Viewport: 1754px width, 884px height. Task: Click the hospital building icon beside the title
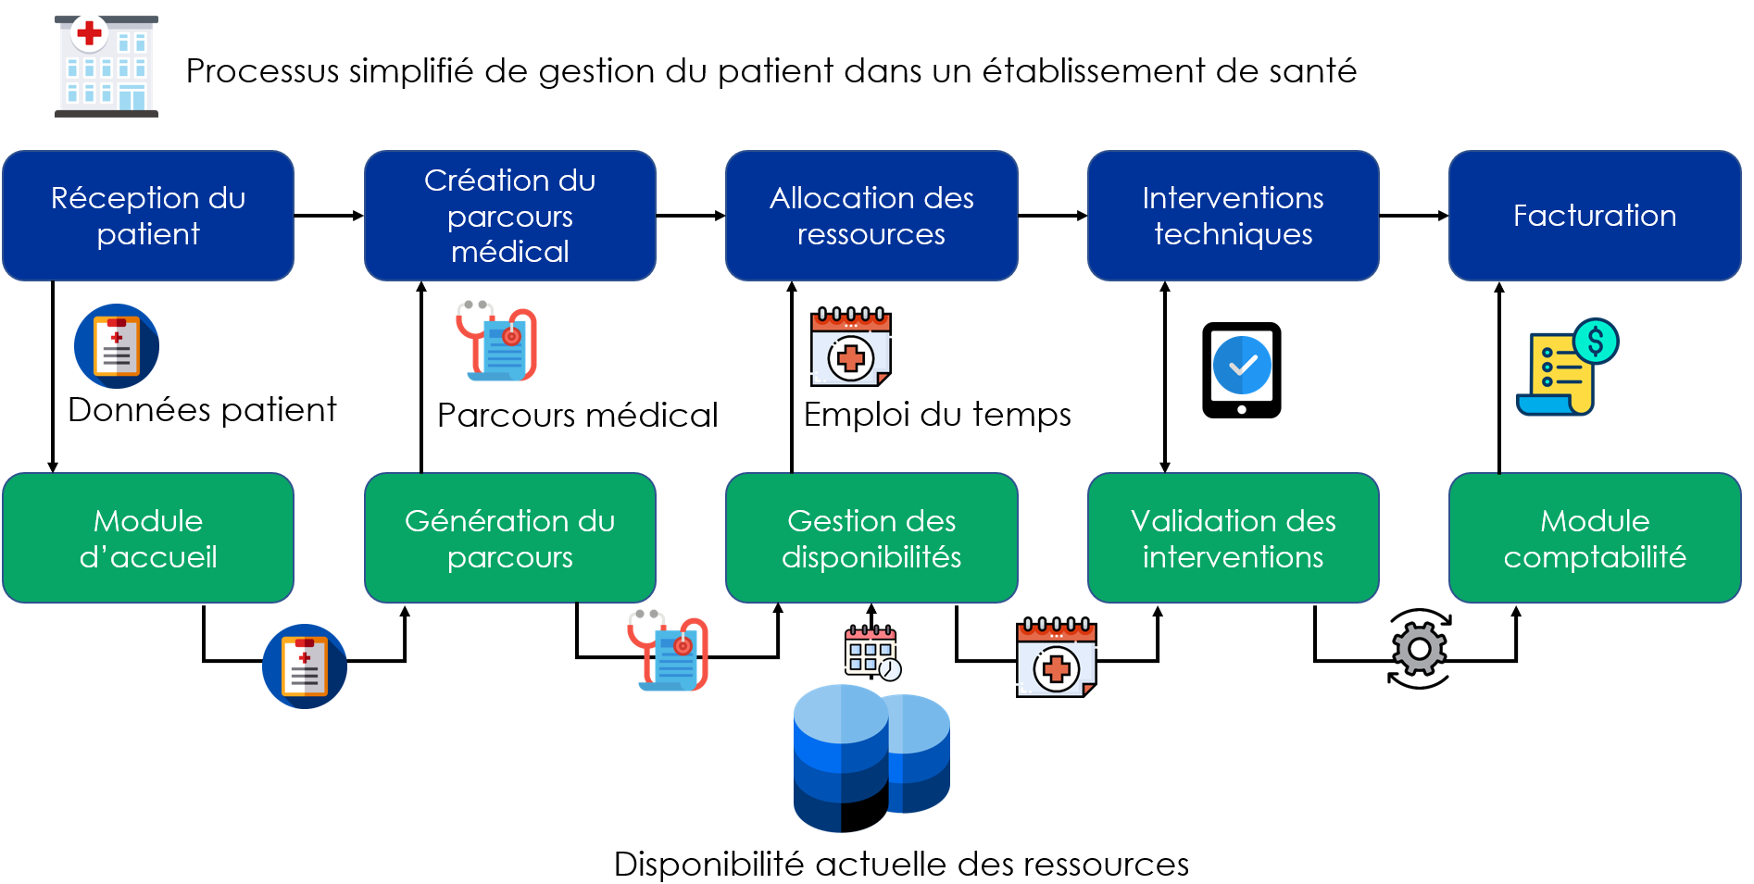click(106, 67)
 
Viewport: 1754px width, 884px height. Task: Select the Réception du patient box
click(148, 216)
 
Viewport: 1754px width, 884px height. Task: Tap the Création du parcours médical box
click(509, 216)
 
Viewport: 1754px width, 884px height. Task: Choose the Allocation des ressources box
click(871, 216)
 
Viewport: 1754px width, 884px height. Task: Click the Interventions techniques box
click(1233, 216)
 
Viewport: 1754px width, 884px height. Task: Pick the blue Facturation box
click(1594, 216)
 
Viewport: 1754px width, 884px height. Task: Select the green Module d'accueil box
click(148, 538)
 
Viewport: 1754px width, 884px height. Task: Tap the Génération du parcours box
click(509, 538)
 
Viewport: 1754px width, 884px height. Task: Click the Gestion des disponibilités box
click(871, 538)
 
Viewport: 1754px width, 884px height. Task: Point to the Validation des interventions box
click(1233, 538)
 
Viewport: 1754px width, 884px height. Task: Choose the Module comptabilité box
click(1594, 538)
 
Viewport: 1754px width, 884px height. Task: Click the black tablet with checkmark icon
click(1241, 370)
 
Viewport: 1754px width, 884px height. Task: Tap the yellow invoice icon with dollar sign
click(1566, 368)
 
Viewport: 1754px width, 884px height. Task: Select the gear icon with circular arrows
click(1419, 649)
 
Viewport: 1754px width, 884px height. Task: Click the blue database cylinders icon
click(871, 757)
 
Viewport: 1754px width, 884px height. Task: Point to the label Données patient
click(202, 410)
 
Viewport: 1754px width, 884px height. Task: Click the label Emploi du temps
click(936, 415)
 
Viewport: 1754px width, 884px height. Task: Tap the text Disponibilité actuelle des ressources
click(900, 865)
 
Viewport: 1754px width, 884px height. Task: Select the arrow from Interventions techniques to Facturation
click(1413, 216)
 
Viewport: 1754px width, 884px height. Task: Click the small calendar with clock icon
click(871, 653)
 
